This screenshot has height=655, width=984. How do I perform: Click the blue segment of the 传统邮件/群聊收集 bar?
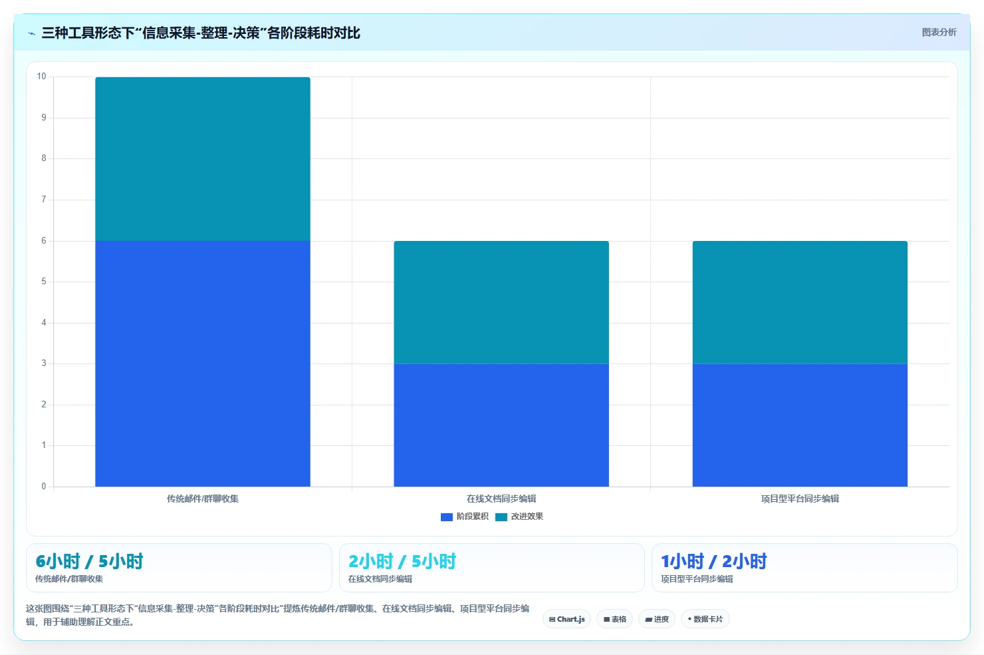click(x=203, y=363)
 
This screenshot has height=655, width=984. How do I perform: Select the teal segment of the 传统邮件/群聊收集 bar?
click(x=203, y=159)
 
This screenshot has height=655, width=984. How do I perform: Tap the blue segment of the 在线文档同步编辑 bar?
click(x=501, y=425)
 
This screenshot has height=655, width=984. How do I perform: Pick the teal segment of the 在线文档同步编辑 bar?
click(x=501, y=302)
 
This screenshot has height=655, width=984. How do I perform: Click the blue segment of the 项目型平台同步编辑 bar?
click(x=800, y=425)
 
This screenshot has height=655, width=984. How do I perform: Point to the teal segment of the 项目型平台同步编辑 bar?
click(x=800, y=302)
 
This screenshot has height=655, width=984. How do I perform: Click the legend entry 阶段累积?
click(x=464, y=517)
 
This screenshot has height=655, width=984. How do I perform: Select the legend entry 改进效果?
click(x=519, y=517)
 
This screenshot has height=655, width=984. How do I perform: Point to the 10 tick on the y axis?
click(x=41, y=77)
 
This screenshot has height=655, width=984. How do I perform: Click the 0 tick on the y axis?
click(x=43, y=486)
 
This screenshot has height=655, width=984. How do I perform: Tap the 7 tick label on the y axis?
click(x=43, y=199)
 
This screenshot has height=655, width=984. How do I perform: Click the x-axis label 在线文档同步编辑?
click(x=501, y=499)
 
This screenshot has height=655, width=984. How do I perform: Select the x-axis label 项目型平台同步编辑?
click(x=800, y=499)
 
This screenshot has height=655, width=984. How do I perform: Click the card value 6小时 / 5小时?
click(x=89, y=561)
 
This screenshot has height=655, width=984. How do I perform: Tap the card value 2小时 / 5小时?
click(x=402, y=561)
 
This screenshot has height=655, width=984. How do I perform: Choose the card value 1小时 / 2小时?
click(x=714, y=561)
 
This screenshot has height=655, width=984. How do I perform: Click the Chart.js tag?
click(x=566, y=619)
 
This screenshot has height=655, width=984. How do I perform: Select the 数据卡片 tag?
click(x=705, y=619)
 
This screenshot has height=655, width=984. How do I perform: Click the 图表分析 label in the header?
click(x=939, y=32)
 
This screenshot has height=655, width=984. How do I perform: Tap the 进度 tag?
click(x=657, y=619)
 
